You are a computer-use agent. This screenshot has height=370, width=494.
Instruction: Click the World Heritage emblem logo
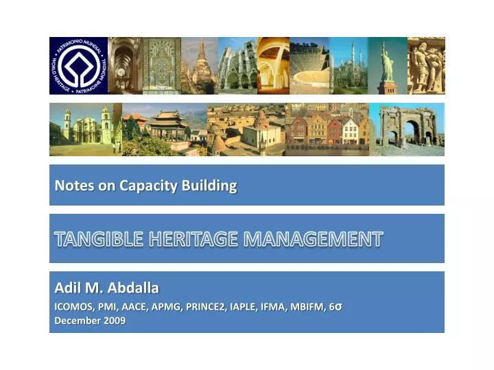point(78,66)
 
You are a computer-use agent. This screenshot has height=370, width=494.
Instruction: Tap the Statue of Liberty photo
point(388,66)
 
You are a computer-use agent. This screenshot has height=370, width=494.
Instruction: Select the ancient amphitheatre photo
point(309,66)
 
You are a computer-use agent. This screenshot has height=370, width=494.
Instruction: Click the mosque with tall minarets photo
point(349,66)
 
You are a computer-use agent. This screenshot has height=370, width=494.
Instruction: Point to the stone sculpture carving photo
point(426,66)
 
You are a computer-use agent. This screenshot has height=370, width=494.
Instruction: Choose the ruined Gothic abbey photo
point(237,66)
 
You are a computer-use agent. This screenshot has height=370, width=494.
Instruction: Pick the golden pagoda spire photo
point(200,66)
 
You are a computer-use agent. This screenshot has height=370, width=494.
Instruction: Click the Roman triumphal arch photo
point(408,129)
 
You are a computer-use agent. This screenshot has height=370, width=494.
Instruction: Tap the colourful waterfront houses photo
point(327,129)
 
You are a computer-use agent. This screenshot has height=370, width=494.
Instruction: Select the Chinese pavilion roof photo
point(165,129)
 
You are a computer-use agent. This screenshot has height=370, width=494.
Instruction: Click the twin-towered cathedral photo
point(85,129)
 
